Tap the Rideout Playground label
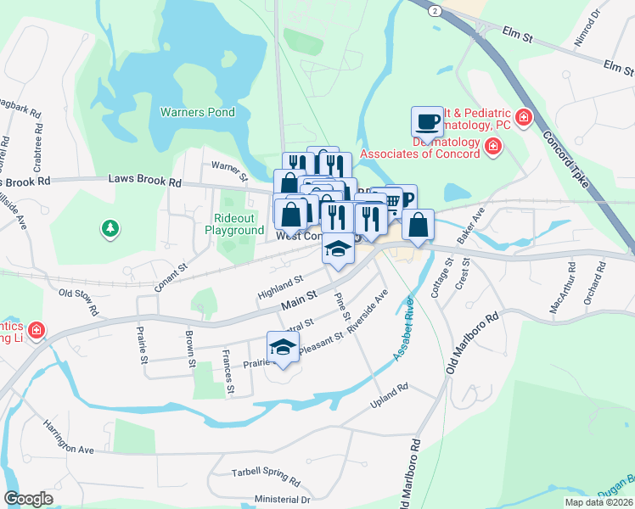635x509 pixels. tap(233, 224)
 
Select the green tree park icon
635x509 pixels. tap(110, 228)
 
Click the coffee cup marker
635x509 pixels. tap(427, 121)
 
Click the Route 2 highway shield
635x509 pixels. tap(435, 10)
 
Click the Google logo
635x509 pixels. tap(28, 498)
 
